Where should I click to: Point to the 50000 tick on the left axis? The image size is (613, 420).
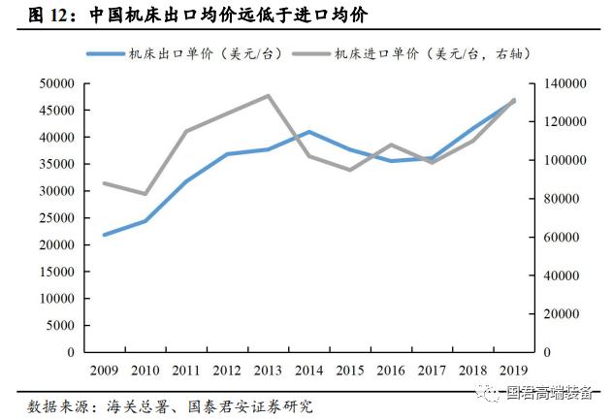pos(56,84)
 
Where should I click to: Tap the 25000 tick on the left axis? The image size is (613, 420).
pos(56,218)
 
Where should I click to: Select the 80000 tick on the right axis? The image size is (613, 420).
pos(557,199)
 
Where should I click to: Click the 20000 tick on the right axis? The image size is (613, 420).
pos(557,314)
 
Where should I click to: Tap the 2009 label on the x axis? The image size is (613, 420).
pos(104,371)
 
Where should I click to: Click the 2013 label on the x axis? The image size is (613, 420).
pos(268,371)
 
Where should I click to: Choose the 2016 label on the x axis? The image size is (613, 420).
pos(391,371)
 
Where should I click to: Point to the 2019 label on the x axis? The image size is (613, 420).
pos(513,371)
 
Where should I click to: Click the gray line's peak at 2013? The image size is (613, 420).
pos(268,96)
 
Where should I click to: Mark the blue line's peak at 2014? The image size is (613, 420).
pos(308,132)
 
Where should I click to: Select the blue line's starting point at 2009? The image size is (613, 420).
pos(104,235)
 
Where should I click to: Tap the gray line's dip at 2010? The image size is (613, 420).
pos(145,194)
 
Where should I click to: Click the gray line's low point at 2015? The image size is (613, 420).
pos(350,170)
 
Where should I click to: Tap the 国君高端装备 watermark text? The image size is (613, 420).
pos(550,393)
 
